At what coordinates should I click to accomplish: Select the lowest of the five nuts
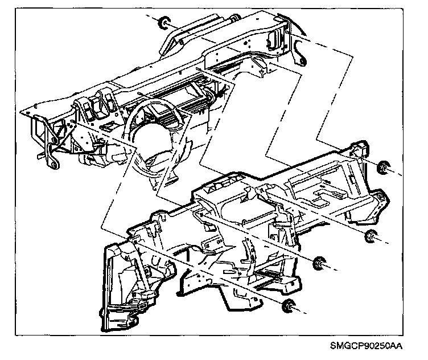290,304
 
